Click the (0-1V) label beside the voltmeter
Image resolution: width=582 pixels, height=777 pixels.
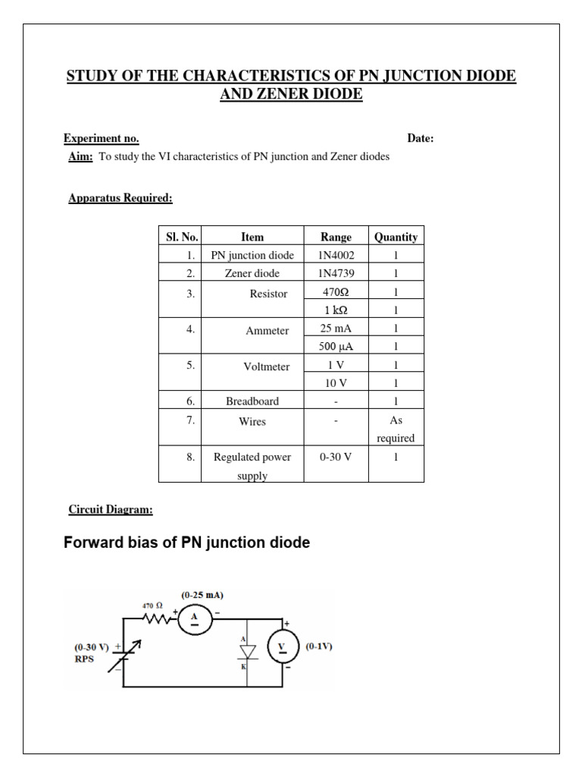(x=319, y=647)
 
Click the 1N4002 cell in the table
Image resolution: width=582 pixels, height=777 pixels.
(x=336, y=255)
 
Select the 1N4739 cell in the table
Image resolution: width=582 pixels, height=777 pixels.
(x=336, y=273)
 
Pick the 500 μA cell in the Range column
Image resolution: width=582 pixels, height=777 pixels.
(x=336, y=347)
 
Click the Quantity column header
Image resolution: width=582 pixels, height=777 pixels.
(x=396, y=237)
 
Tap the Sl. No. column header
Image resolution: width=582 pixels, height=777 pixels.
(x=180, y=237)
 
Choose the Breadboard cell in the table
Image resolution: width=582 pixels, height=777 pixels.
(x=252, y=401)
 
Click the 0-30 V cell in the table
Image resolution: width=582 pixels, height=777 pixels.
(x=336, y=457)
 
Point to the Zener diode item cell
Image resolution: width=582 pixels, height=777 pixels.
(x=252, y=273)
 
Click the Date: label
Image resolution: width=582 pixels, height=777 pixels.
(x=421, y=139)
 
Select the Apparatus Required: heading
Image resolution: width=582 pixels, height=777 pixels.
(x=120, y=199)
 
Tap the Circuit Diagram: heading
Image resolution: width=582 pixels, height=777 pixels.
(x=111, y=510)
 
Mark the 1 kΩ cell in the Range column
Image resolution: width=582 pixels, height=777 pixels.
(x=336, y=310)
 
